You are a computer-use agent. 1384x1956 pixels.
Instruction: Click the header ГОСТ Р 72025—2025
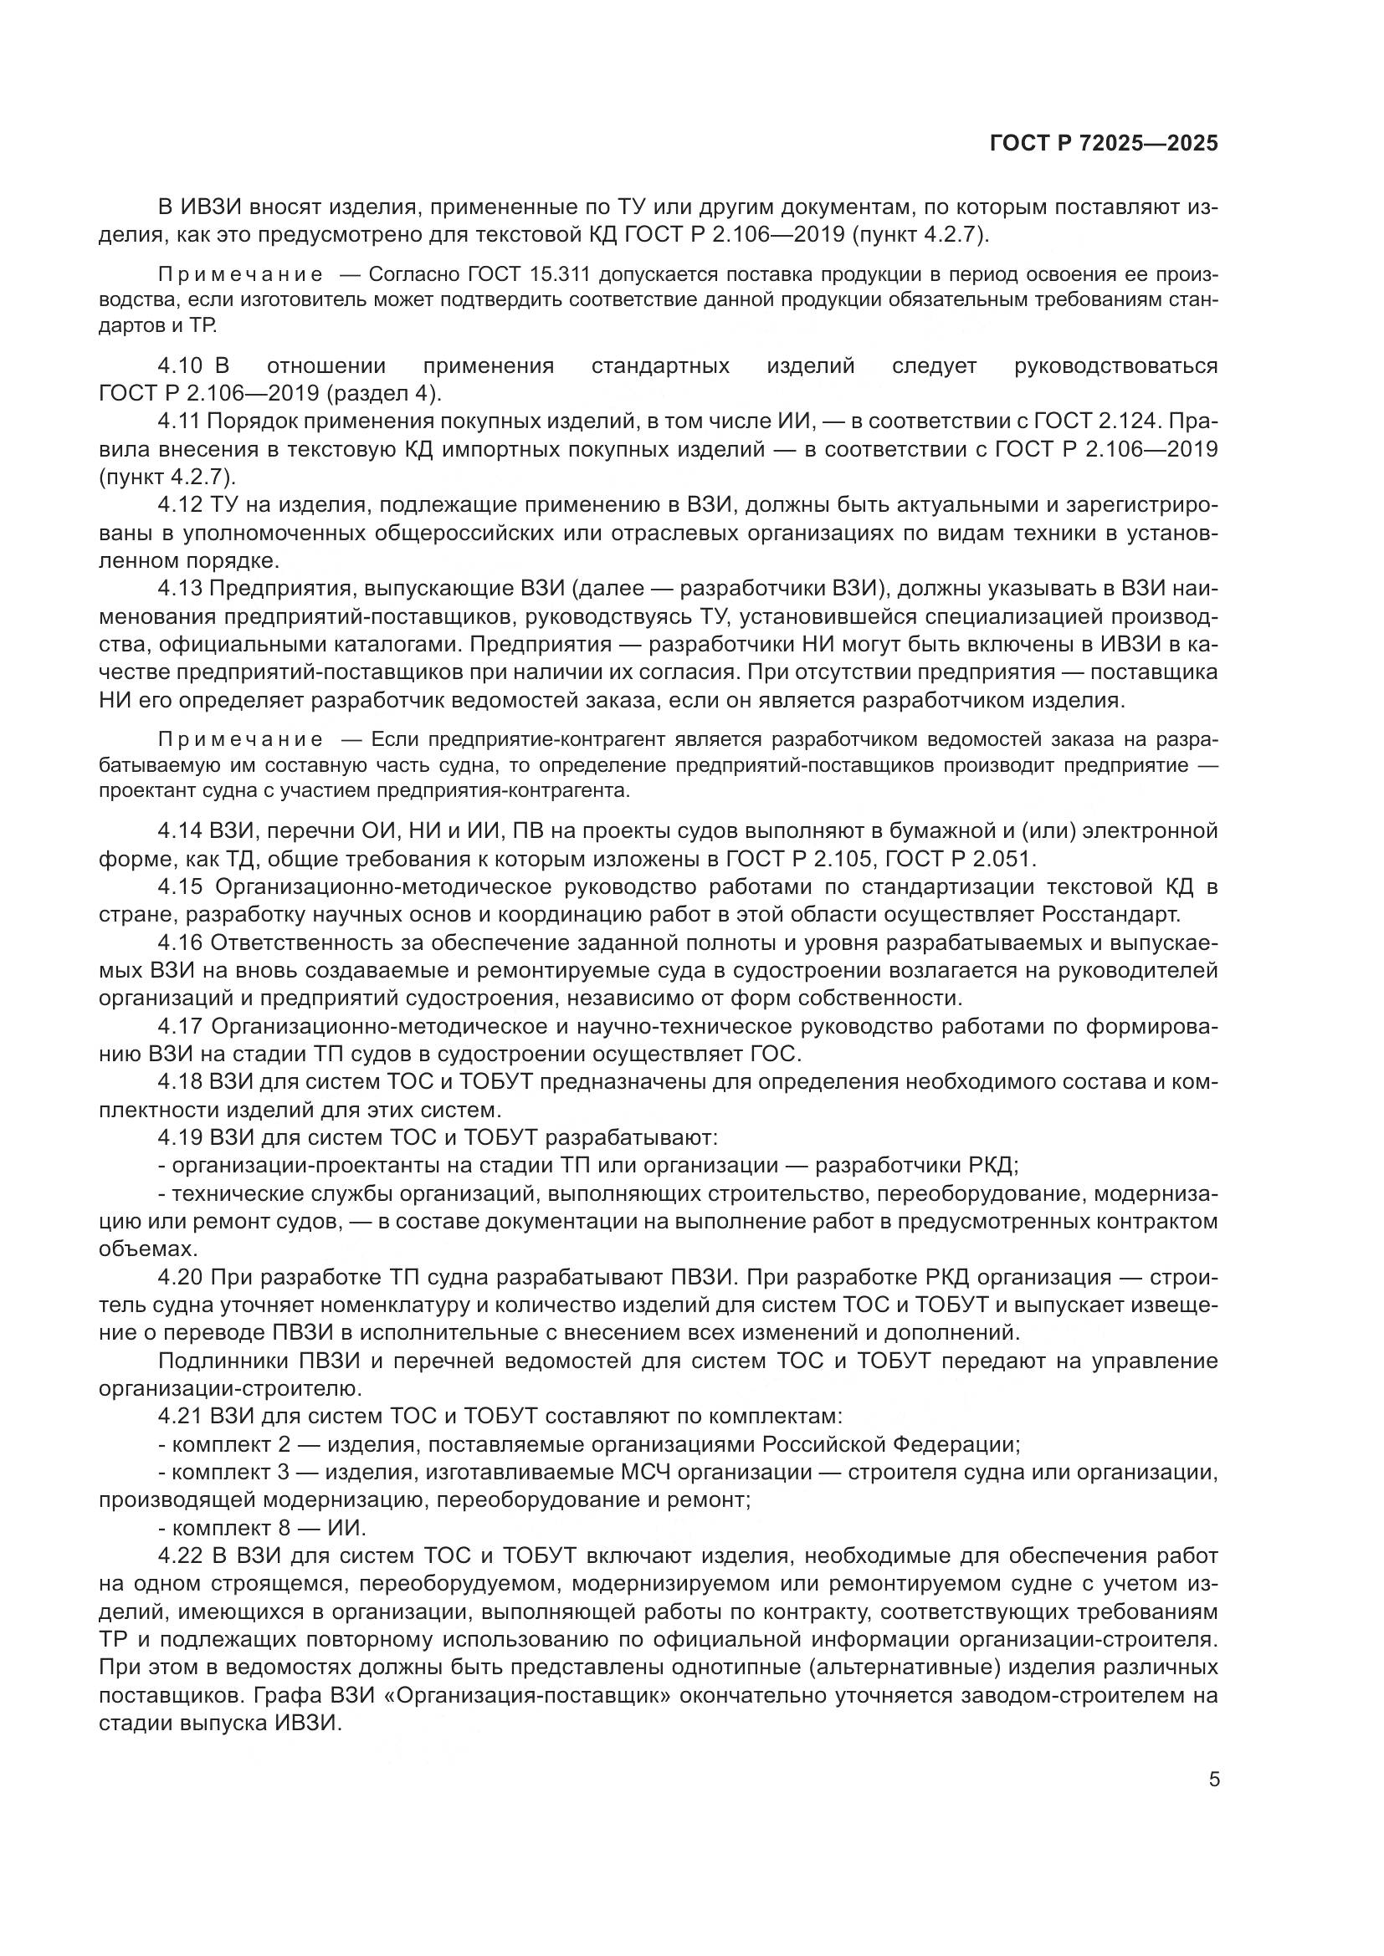1104,144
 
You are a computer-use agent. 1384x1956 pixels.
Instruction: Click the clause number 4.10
180,366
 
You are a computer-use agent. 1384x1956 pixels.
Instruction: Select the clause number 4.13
180,589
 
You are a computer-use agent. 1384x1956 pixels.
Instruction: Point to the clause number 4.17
180,1027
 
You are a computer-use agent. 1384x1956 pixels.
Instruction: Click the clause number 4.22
180,1556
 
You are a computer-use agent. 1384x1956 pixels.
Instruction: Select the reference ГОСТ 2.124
1098,421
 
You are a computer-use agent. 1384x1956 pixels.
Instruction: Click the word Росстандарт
1110,915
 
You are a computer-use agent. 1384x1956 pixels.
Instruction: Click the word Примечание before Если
241,739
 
